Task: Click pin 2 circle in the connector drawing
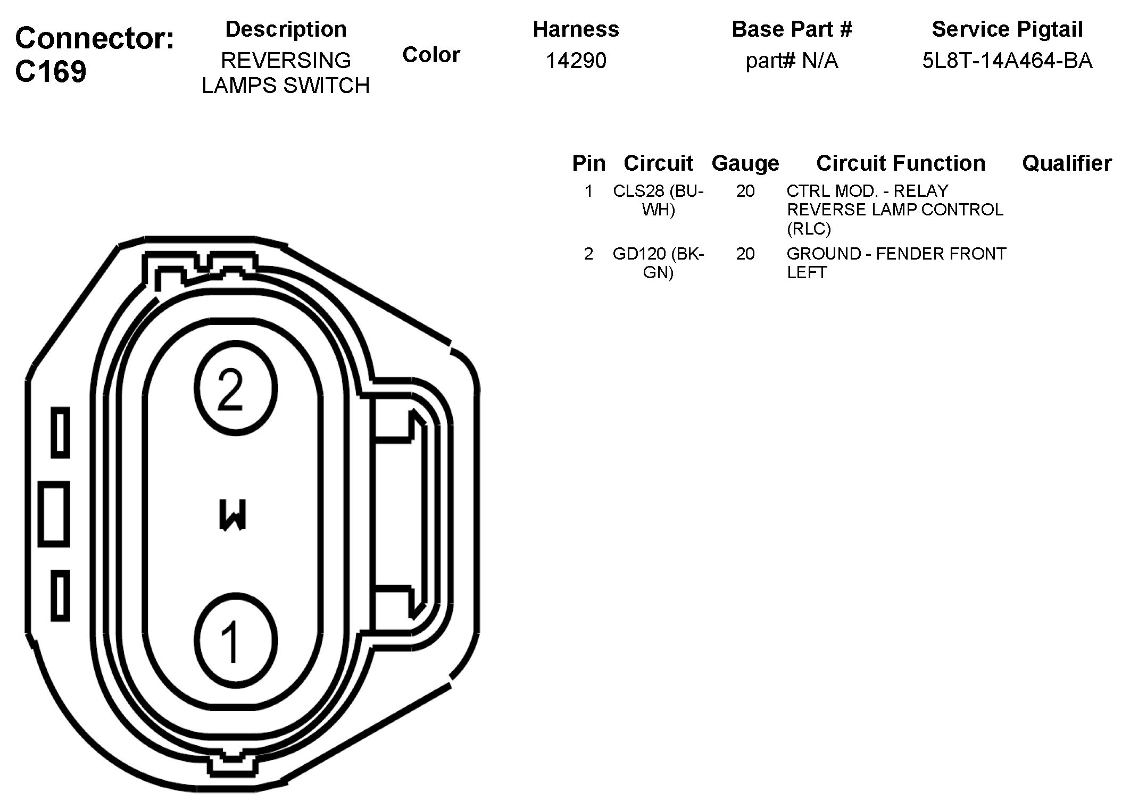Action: (236, 388)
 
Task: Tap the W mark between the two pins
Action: (232, 515)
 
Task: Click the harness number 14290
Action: (576, 61)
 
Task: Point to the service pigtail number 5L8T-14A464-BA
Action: (1007, 61)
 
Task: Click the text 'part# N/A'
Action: (792, 61)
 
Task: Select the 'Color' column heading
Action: (431, 55)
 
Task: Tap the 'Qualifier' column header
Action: (1066, 163)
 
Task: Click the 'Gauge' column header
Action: (745, 163)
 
